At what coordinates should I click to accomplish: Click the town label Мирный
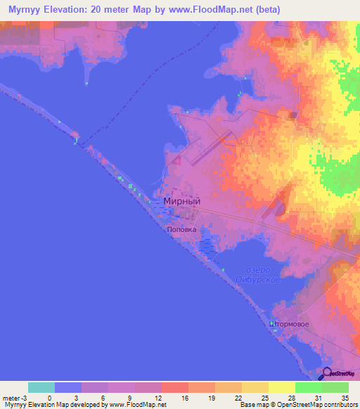coord(181,201)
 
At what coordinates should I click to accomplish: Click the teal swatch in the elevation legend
coord(41,387)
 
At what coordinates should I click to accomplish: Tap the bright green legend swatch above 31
coord(309,387)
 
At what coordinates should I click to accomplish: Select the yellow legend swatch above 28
coord(282,387)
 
